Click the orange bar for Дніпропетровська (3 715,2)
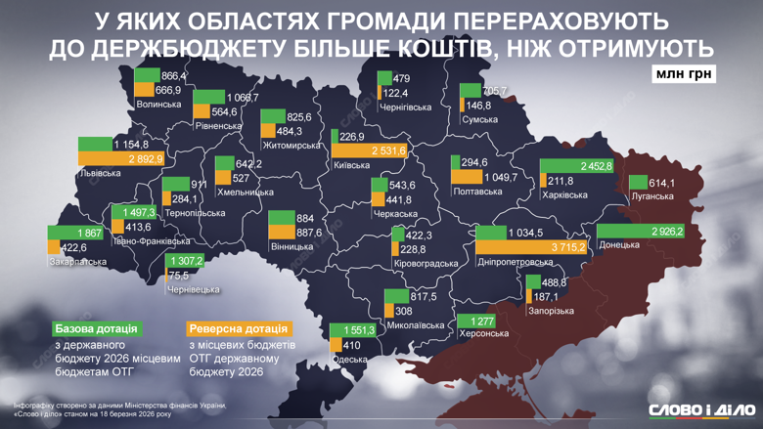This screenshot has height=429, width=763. (531, 248)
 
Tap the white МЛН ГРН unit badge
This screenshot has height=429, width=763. (681, 74)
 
